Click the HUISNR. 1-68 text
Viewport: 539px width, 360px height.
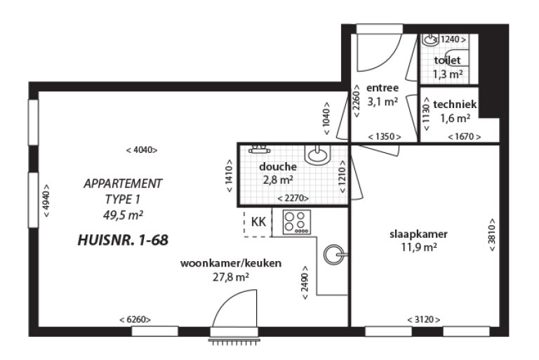pos(123,240)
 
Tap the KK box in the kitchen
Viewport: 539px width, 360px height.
pos(258,222)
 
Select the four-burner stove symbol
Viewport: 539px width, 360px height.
pos(296,222)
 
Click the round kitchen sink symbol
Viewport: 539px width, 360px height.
pos(335,254)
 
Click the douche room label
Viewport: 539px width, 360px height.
pos(278,167)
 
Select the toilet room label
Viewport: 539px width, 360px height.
pos(447,60)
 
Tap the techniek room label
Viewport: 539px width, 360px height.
pos(455,104)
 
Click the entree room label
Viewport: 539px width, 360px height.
pos(382,88)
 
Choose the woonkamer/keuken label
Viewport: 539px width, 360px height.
pos(231,263)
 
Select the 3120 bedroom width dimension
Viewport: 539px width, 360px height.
pos(423,320)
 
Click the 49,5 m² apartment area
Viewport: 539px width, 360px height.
pos(123,214)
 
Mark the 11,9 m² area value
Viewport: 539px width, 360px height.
pos(419,247)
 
